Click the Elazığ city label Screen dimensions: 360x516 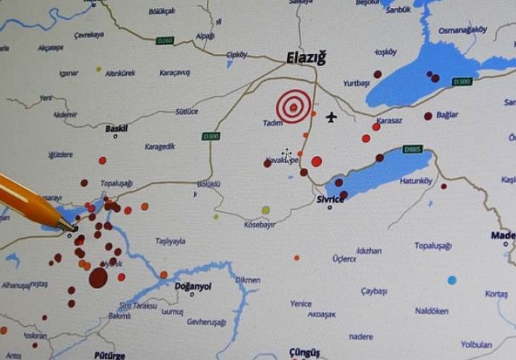click(x=306, y=58)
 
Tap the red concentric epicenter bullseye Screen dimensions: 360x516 click(x=293, y=106)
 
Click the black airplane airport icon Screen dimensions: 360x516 click(x=331, y=117)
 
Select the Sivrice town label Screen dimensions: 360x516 click(x=330, y=199)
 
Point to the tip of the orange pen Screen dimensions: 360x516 click(x=74, y=229)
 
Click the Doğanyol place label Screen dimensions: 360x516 click(x=193, y=286)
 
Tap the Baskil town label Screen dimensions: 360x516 click(x=116, y=128)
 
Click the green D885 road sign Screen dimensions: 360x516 click(x=412, y=149)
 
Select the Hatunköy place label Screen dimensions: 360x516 click(x=416, y=181)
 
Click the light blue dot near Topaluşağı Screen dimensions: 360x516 click(x=451, y=280)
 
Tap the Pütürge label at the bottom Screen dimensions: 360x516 click(x=109, y=354)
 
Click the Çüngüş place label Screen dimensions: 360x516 click(x=305, y=351)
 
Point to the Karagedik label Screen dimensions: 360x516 click(x=159, y=147)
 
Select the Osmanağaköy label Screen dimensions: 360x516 click(x=463, y=30)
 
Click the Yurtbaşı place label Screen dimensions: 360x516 click(x=357, y=83)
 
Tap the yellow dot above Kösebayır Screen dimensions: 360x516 click(x=266, y=210)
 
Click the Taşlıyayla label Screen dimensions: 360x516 click(x=170, y=241)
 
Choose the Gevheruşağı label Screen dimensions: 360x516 click(x=206, y=322)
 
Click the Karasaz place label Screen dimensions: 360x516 click(x=389, y=120)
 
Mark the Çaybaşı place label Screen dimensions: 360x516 click(x=374, y=291)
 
